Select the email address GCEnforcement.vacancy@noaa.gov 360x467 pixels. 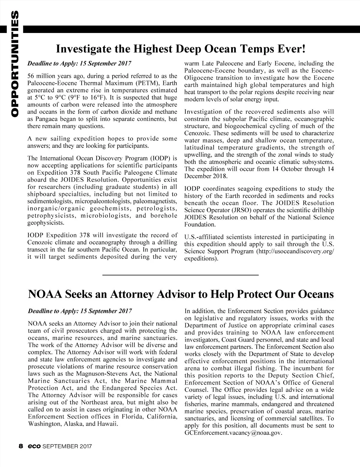point(234,434)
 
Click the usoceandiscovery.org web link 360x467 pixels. point(294,251)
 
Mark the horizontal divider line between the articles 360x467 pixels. point(181,275)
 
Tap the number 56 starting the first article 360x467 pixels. point(31,75)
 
